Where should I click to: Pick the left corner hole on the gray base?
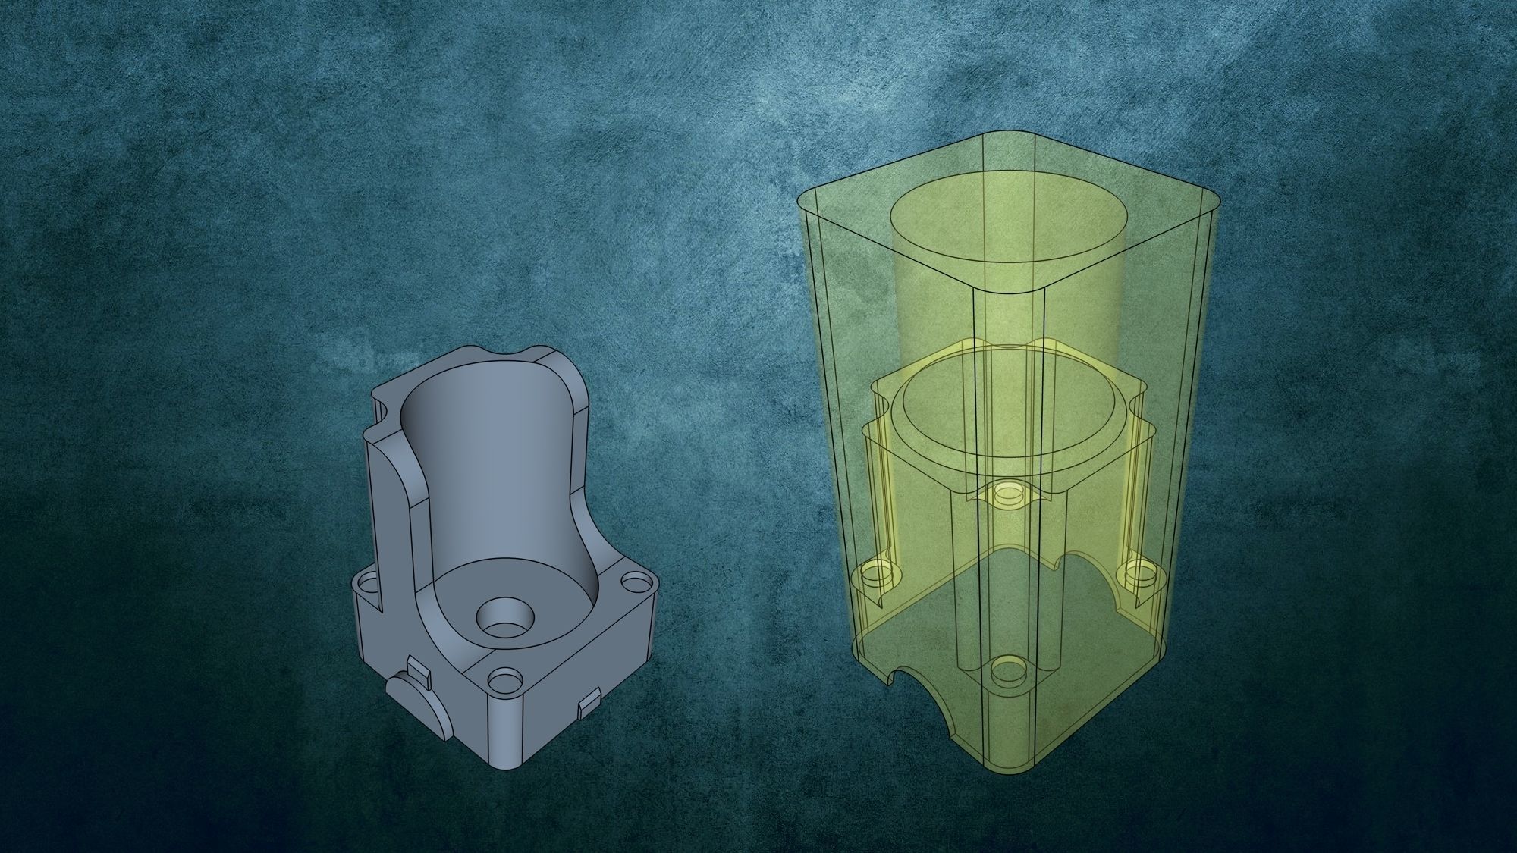pyautogui.click(x=369, y=585)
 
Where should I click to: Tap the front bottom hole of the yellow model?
pyautogui.click(x=1008, y=670)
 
